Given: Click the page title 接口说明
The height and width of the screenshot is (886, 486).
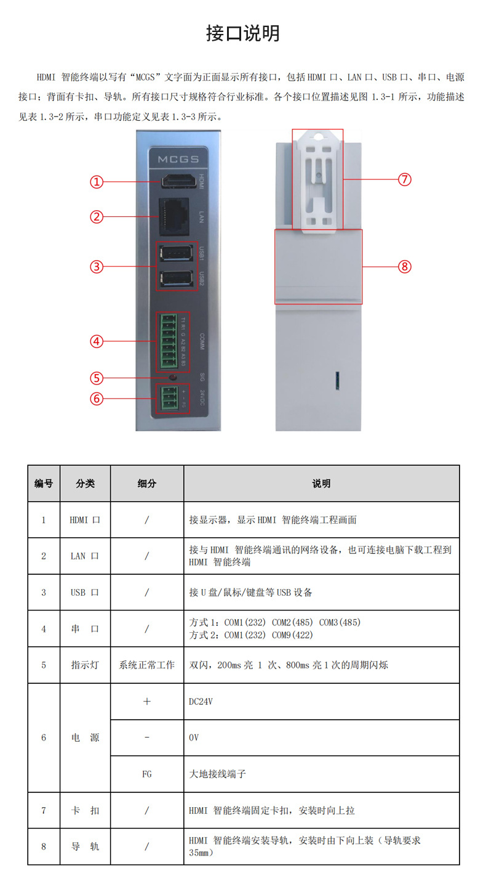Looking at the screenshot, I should (x=242, y=33).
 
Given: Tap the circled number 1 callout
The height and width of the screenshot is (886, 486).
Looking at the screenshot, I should (x=97, y=182).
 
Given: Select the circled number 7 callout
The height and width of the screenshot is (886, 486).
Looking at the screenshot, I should (x=404, y=179).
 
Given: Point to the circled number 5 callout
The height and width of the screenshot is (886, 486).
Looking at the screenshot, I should (x=97, y=378).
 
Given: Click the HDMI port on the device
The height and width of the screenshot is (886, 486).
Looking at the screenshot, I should (x=178, y=182).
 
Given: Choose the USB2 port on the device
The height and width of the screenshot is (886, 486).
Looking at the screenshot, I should (x=175, y=279).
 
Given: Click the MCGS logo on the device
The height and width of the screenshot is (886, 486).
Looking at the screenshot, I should (x=178, y=160).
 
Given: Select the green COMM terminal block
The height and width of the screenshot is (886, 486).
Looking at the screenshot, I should (x=170, y=341).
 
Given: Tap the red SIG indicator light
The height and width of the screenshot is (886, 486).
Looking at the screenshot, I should (x=173, y=377).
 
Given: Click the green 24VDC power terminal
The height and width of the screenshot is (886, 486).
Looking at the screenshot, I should (x=169, y=399).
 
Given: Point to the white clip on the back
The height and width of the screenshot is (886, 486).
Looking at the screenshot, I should (x=317, y=180).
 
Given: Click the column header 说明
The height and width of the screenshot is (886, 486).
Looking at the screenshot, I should (x=321, y=484).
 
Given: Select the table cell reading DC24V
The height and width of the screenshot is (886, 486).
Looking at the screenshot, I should (x=201, y=701).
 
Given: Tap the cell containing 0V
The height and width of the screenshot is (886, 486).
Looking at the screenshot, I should (x=194, y=738).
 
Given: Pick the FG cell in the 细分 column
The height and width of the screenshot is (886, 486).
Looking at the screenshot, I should (x=146, y=774).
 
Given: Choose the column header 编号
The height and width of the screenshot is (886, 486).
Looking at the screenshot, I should (x=43, y=484).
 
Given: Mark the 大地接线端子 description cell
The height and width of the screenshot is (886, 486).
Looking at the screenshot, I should (x=217, y=774).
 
